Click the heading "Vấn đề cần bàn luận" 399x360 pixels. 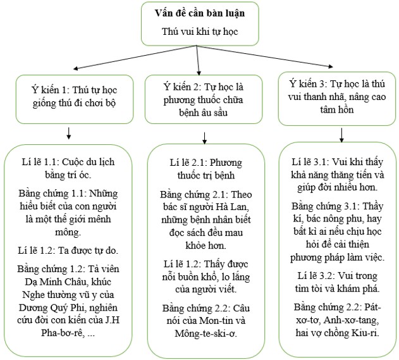tap(199, 13)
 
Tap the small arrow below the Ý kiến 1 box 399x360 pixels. tap(68, 133)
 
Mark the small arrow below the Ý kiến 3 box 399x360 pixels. tap(341, 134)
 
